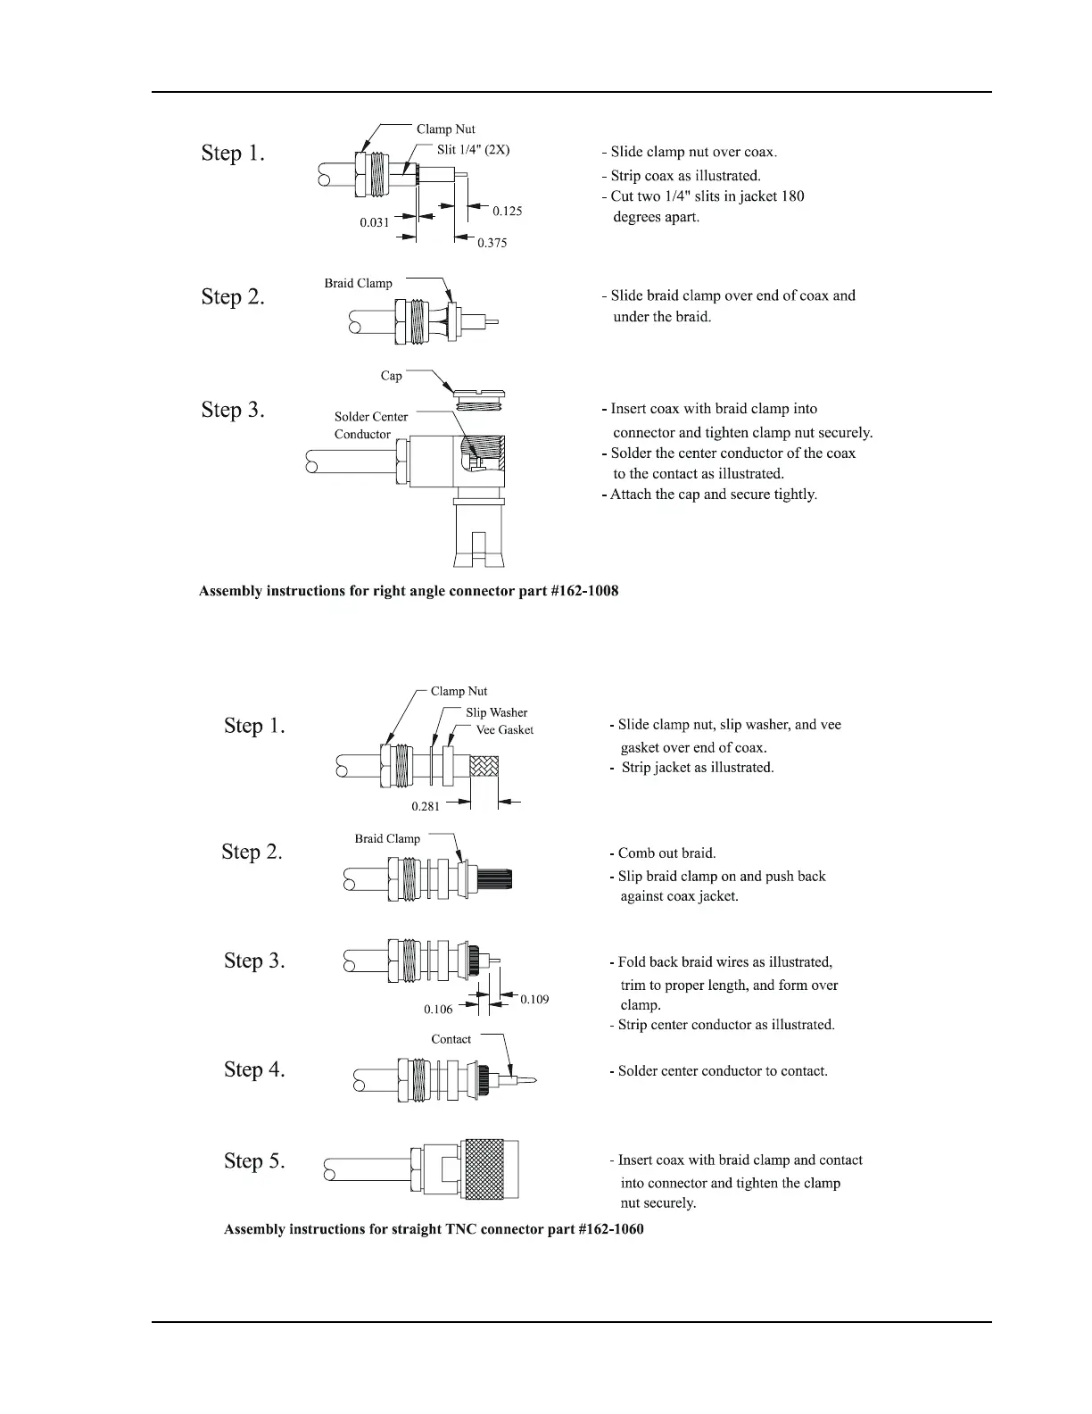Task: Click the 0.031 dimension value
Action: point(375,222)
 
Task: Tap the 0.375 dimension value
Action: point(492,243)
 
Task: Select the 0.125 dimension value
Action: point(508,212)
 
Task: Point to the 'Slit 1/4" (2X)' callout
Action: point(473,150)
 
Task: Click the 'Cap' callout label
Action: point(392,376)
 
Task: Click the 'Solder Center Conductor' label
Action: point(370,426)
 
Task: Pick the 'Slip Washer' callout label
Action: point(496,712)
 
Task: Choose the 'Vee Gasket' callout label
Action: point(504,730)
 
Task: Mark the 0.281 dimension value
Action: point(426,806)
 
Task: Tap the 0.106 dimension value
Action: point(438,1009)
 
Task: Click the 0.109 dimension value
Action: point(534,999)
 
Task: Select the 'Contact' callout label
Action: point(451,1039)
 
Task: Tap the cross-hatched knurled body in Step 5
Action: point(489,1169)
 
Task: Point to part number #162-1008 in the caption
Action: point(585,591)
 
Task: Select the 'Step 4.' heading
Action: point(254,1069)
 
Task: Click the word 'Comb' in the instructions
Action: point(636,853)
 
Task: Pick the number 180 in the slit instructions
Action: point(793,196)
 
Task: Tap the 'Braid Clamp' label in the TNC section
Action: point(387,839)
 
